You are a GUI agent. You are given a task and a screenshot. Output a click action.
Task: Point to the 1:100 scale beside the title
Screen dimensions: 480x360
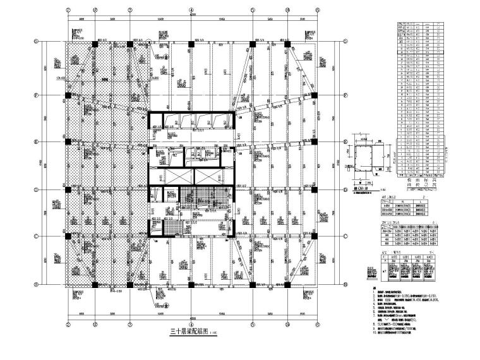(214, 335)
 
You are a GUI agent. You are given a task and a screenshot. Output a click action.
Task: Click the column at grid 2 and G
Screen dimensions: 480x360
(93, 43)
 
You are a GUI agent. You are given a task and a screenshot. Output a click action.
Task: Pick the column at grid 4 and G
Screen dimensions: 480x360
(191, 43)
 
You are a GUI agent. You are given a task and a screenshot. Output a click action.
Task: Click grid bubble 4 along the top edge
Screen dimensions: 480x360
(191, 11)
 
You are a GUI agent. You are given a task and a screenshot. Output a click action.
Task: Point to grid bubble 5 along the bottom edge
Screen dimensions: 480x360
(253, 317)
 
